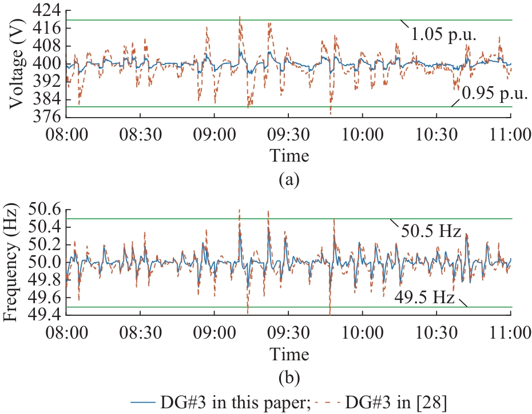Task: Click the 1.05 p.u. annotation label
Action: pos(443,35)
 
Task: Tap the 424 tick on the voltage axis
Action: pos(48,10)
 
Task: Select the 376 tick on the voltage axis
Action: pos(48,117)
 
